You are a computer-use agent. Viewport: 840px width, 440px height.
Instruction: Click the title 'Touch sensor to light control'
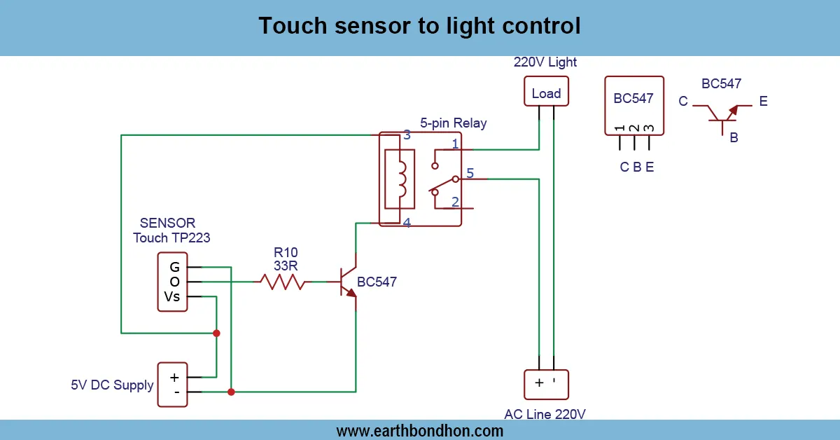pos(419,26)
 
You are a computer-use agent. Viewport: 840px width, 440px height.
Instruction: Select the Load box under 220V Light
pos(546,92)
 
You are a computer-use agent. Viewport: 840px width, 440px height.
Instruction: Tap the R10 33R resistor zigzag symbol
pos(283,282)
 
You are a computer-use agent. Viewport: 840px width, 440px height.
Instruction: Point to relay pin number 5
pos(470,172)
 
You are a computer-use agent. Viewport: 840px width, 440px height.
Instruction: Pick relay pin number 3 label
pos(407,135)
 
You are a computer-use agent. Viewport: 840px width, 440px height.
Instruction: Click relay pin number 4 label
pos(407,224)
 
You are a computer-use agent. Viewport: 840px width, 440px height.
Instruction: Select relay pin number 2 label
pos(455,202)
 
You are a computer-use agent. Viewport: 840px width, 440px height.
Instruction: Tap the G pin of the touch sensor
pos(174,267)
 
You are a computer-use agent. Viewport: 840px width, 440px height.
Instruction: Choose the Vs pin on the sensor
pos(172,296)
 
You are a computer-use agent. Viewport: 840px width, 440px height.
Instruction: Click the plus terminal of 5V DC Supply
pos(174,377)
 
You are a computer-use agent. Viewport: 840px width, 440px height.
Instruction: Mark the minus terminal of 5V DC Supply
pos(176,392)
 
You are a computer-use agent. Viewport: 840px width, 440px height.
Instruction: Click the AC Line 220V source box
pos(546,384)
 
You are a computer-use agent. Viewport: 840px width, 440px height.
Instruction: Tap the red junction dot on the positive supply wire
pos(216,333)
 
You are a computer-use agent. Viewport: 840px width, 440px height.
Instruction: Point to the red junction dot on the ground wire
pos(231,392)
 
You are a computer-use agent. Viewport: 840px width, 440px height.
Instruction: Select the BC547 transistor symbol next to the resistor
pos(348,282)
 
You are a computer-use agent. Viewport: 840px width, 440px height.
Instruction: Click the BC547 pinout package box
pos(633,105)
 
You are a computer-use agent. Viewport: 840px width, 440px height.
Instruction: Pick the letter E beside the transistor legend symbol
pos(763,102)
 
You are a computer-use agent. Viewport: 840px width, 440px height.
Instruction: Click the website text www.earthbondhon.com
pos(419,430)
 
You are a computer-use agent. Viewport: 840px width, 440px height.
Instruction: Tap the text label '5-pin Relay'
pos(453,123)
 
